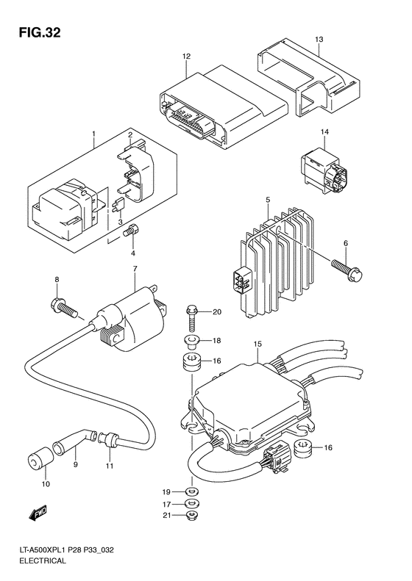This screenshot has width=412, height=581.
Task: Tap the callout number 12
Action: (x=186, y=56)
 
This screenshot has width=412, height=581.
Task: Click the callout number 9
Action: (x=74, y=464)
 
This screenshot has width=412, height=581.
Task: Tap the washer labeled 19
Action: (x=191, y=491)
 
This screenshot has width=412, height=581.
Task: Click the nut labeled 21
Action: (x=191, y=518)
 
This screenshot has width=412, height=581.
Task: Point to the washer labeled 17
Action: (x=191, y=504)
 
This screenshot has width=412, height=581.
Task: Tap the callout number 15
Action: (x=257, y=344)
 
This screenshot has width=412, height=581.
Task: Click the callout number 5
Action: (x=268, y=200)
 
